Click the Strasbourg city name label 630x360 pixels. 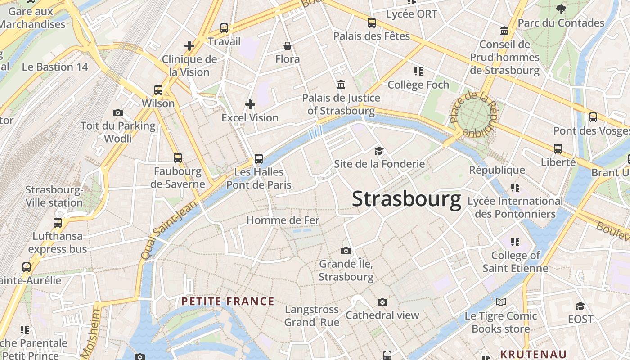click(406, 199)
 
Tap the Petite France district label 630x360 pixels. click(228, 301)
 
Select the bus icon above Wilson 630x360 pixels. click(158, 90)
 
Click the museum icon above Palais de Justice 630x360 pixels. click(341, 84)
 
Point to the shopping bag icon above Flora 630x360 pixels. click(288, 46)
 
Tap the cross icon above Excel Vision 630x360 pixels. click(250, 105)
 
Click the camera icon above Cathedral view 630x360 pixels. click(382, 302)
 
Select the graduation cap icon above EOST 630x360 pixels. click(580, 306)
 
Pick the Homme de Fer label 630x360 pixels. click(283, 220)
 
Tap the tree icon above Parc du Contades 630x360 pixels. click(561, 9)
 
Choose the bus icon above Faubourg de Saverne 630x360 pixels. click(178, 157)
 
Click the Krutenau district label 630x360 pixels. click(533, 354)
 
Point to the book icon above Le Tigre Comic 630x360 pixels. click(501, 302)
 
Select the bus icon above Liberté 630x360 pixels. click(558, 149)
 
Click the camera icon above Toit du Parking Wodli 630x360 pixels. click(118, 112)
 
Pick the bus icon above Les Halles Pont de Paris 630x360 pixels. click(259, 158)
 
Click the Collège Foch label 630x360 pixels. click(418, 85)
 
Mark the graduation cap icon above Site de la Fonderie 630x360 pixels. click(379, 151)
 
